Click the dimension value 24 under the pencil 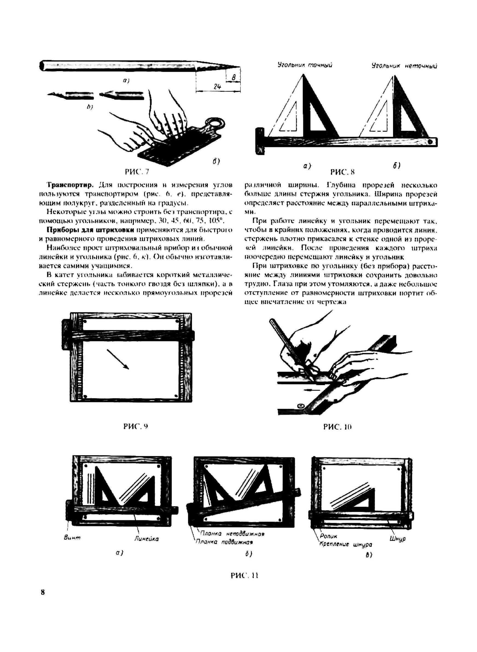tap(217, 86)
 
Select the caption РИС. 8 tap(342, 172)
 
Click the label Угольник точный tap(305, 65)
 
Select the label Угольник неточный tap(404, 66)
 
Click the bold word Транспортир tap(71, 184)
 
